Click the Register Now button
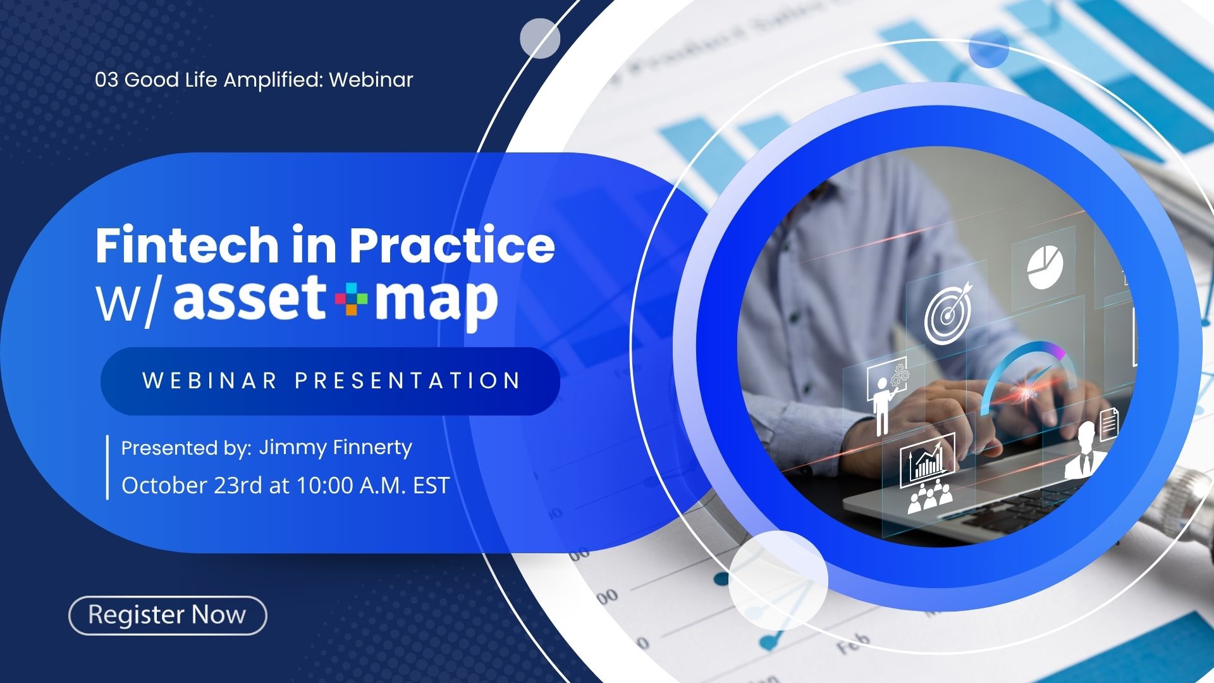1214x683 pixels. pyautogui.click(x=168, y=615)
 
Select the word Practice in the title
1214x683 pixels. pyautogui.click(x=452, y=245)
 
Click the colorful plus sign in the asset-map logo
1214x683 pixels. pyautogui.click(x=351, y=299)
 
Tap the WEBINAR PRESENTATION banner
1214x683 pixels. pyautogui.click(x=330, y=381)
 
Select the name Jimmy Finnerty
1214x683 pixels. pyautogui.click(x=335, y=448)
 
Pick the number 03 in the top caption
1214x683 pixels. pyautogui.click(x=107, y=80)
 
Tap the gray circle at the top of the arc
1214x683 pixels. pyautogui.click(x=540, y=38)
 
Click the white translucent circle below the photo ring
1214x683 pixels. pyautogui.click(x=778, y=580)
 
